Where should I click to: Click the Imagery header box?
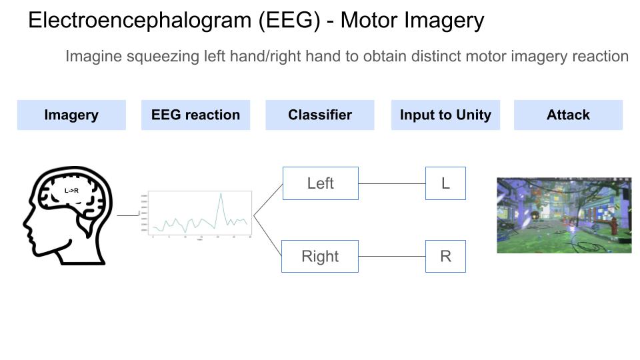click(x=71, y=115)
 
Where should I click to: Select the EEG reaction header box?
click(x=195, y=115)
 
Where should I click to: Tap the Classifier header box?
click(x=320, y=115)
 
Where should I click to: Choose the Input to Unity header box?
click(x=445, y=115)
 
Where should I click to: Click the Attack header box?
click(x=568, y=115)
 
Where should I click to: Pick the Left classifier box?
click(x=320, y=183)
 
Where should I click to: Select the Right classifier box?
click(x=320, y=257)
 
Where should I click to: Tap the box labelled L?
click(x=445, y=183)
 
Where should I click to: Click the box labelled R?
click(x=445, y=257)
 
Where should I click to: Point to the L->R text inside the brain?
click(x=71, y=191)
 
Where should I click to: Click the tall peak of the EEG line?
click(x=220, y=194)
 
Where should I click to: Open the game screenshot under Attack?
click(x=564, y=215)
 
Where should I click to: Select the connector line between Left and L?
click(x=392, y=183)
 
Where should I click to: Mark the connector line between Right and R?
click(x=392, y=257)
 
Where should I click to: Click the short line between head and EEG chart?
click(x=127, y=215)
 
